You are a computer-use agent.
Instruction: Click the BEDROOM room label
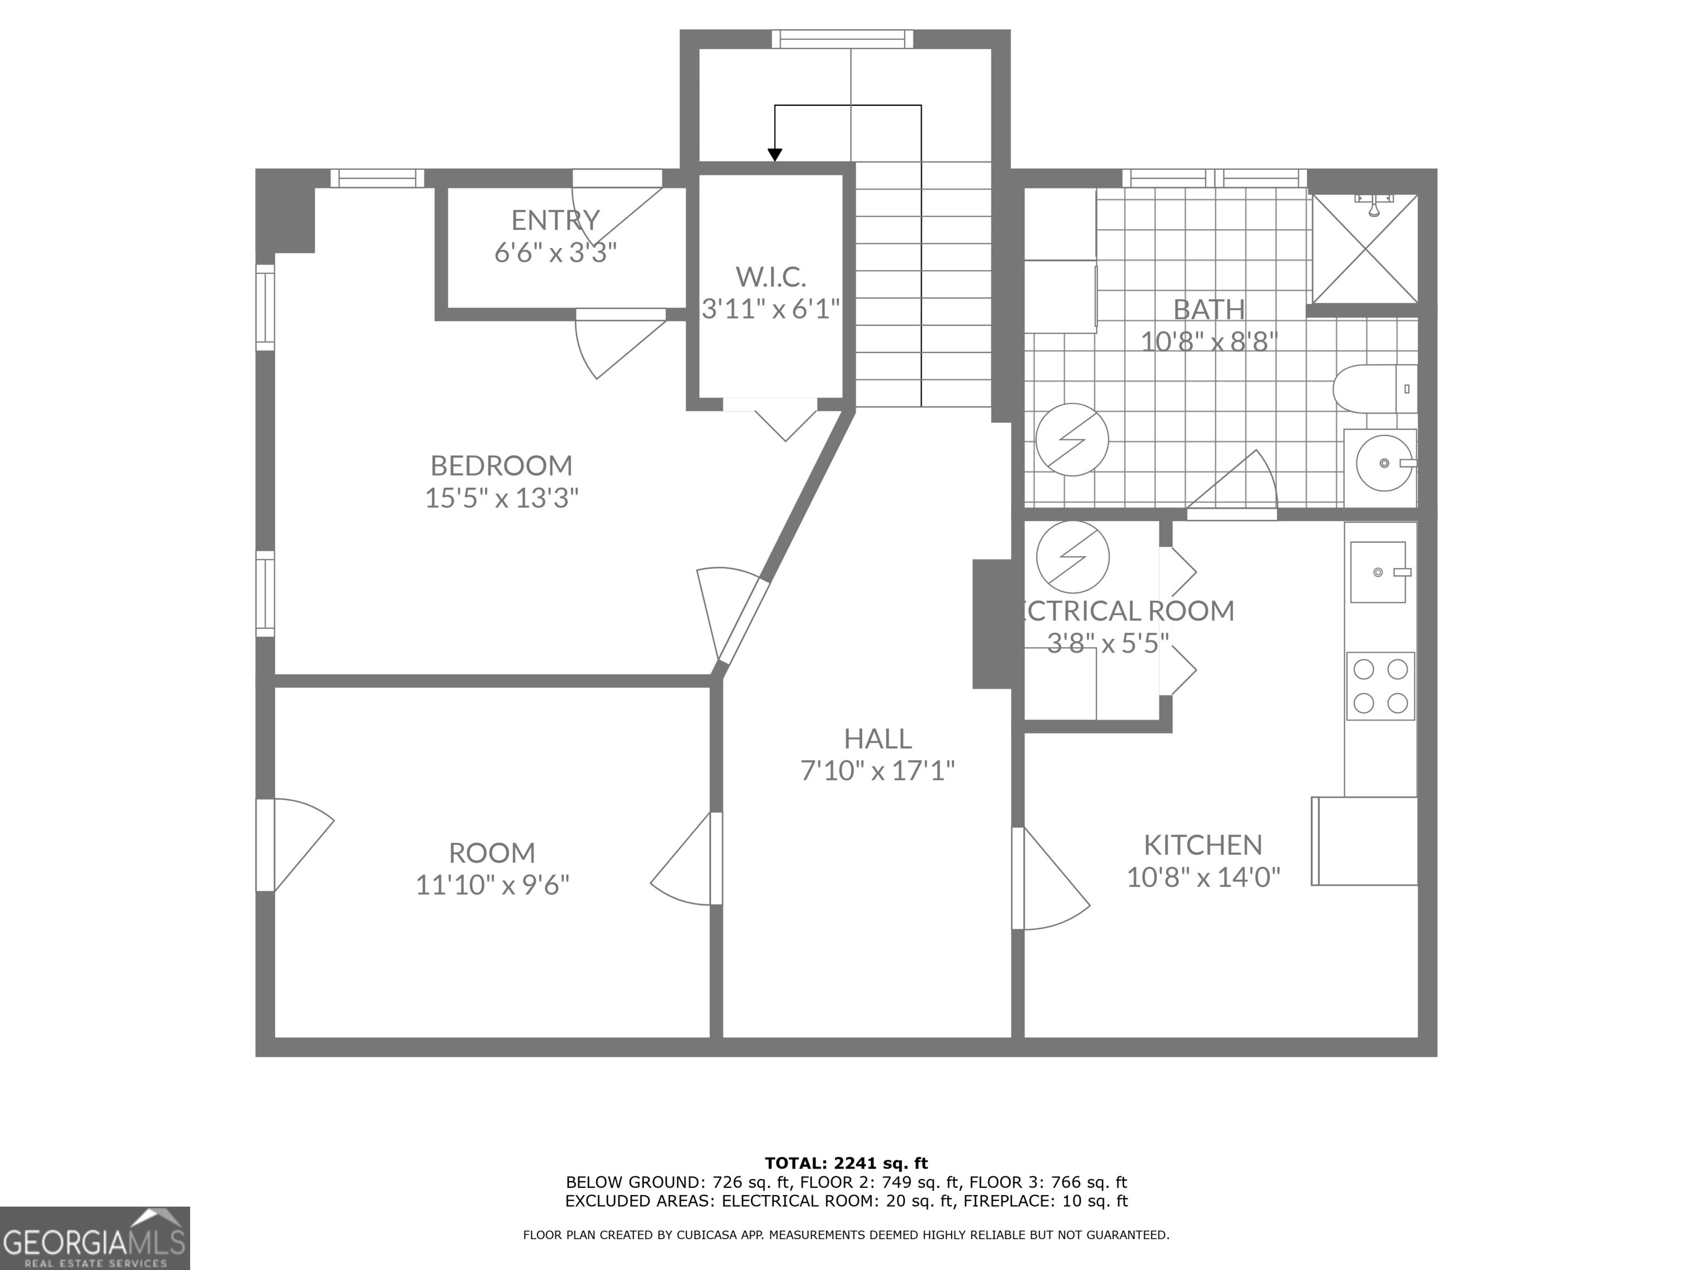pos(502,465)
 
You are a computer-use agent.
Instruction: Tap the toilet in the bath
pos(1374,389)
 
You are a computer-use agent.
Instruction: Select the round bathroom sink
pos(1384,463)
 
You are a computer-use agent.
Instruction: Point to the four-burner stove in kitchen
pos(1381,686)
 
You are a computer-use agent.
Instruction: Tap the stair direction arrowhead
pos(775,155)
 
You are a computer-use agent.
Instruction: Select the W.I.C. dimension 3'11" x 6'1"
pos(772,309)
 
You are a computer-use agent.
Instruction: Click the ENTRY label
pos(555,220)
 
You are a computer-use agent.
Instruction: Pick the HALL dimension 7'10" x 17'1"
pos(878,770)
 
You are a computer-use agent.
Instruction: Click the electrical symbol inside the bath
pos(1072,439)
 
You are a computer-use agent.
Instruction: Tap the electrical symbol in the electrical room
pos(1072,557)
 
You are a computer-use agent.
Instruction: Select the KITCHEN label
pos(1203,845)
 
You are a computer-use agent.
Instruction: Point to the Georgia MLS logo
pos(94,1238)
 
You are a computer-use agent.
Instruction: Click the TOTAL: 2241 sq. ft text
pos(846,1164)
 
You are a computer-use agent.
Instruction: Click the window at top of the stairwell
pos(842,38)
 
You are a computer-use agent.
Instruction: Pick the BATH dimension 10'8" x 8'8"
pos(1209,341)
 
